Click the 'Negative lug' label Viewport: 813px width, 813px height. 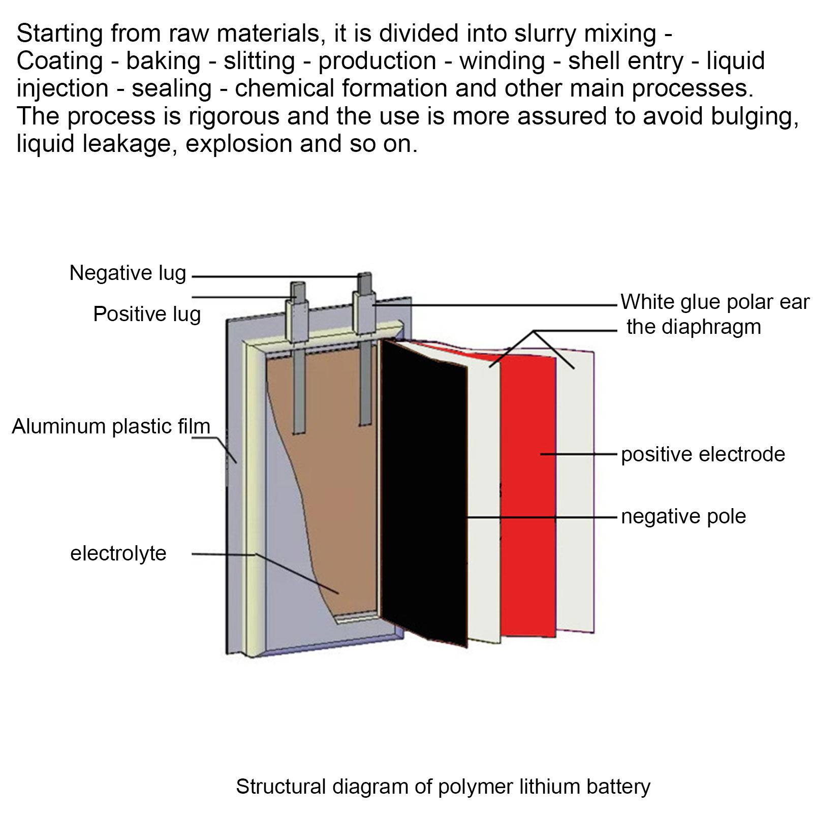(x=128, y=273)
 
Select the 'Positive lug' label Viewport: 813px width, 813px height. (x=147, y=315)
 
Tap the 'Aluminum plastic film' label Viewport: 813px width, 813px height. (x=111, y=426)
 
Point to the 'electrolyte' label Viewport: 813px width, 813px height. (x=118, y=553)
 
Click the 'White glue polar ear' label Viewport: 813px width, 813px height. (x=714, y=302)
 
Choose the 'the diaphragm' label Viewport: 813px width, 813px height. (x=694, y=327)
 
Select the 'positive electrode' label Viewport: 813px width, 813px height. (x=703, y=454)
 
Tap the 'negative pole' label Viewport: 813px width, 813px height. (x=683, y=517)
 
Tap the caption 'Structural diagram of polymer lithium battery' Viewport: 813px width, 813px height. (x=443, y=787)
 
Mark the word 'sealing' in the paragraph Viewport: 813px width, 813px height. (x=172, y=89)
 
